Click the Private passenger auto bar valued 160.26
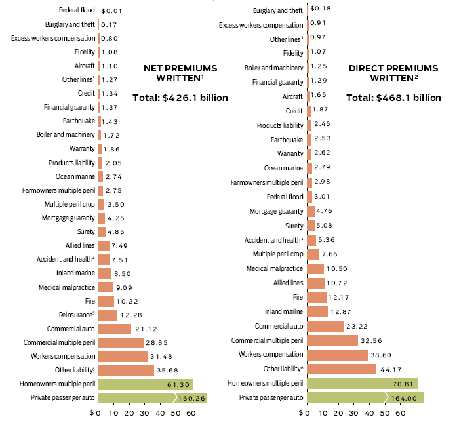pyautogui.click(x=151, y=397)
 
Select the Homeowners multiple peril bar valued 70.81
pyautogui.click(x=361, y=383)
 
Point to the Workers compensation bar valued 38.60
pyautogui.click(x=336, y=354)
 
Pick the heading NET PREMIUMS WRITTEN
pyautogui.click(x=180, y=73)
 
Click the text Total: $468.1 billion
pyautogui.click(x=393, y=98)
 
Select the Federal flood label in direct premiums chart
pyautogui.click(x=284, y=197)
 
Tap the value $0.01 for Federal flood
pyautogui.click(x=111, y=11)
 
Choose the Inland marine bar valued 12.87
pyautogui.click(x=317, y=311)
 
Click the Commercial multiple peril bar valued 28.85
pyautogui.click(x=120, y=342)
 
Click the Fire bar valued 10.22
pyautogui.click(x=106, y=301)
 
